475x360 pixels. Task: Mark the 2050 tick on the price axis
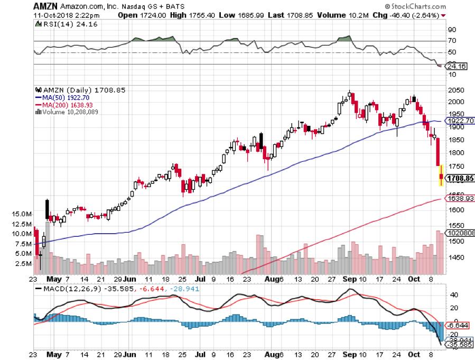[455, 90]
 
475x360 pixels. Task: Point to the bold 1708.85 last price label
[460, 179]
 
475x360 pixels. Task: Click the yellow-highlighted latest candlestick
[442, 176]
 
